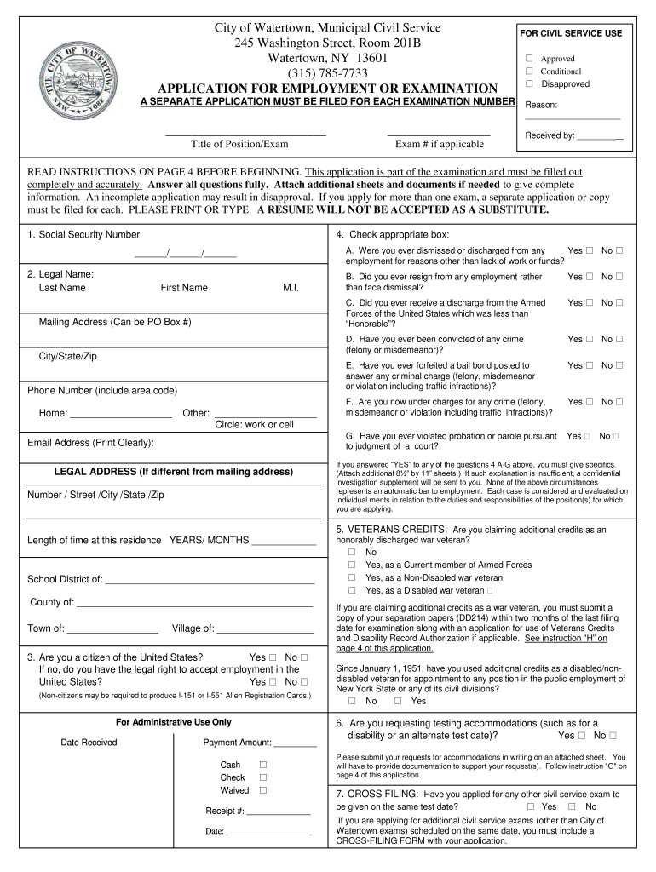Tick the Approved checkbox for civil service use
[x=529, y=59]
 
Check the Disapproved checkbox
[x=529, y=83]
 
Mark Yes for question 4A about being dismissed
[x=590, y=250]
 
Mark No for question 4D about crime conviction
[x=619, y=339]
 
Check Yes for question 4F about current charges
[x=590, y=401]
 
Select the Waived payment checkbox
[x=263, y=789]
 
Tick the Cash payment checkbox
[x=263, y=765]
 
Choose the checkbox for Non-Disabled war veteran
[x=351, y=577]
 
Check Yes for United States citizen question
[x=273, y=657]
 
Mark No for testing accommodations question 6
[x=613, y=735]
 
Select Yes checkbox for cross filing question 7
[x=531, y=806]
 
